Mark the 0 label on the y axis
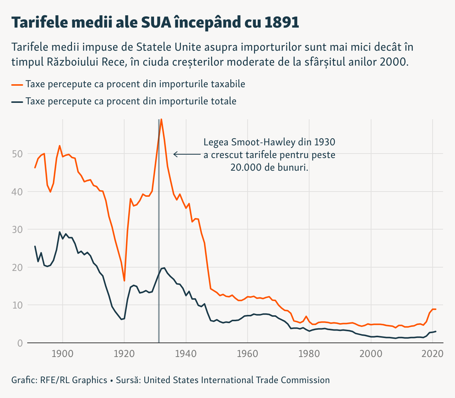click(20, 343)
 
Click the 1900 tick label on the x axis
click(63, 353)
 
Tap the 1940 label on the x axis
click(186, 353)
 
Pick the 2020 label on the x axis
click(432, 353)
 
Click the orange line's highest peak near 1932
click(161, 120)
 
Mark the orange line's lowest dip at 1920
click(124, 281)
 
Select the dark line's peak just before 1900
click(60, 232)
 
